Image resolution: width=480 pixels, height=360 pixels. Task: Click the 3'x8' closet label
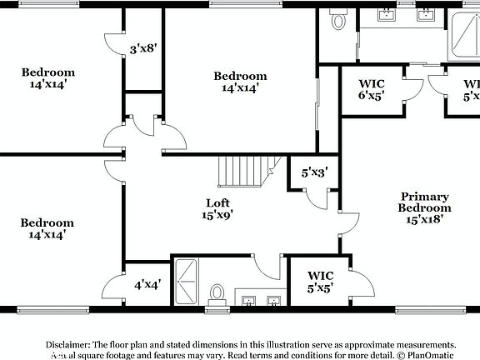click(x=143, y=49)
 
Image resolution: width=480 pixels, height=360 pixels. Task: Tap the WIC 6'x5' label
click(x=372, y=89)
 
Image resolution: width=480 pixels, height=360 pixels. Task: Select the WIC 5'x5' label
click(x=321, y=281)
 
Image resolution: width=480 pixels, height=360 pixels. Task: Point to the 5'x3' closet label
click(x=314, y=173)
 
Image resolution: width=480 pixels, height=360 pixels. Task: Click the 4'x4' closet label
click(x=147, y=284)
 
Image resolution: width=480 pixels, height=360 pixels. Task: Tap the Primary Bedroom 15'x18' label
click(x=424, y=208)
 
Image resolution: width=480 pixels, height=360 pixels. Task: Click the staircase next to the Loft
click(x=244, y=174)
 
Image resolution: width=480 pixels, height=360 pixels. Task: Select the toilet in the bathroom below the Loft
click(x=217, y=293)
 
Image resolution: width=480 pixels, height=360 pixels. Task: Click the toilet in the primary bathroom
click(x=338, y=20)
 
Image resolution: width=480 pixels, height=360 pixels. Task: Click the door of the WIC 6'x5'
click(x=411, y=90)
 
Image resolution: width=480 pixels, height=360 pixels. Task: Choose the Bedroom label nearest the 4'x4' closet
click(x=47, y=228)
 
